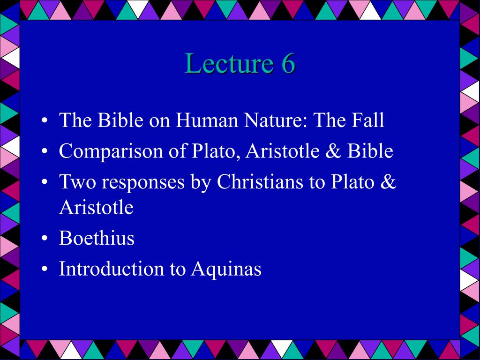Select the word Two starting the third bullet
tap(76, 182)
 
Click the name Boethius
tap(97, 238)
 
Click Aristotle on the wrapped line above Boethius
tap(96, 207)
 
